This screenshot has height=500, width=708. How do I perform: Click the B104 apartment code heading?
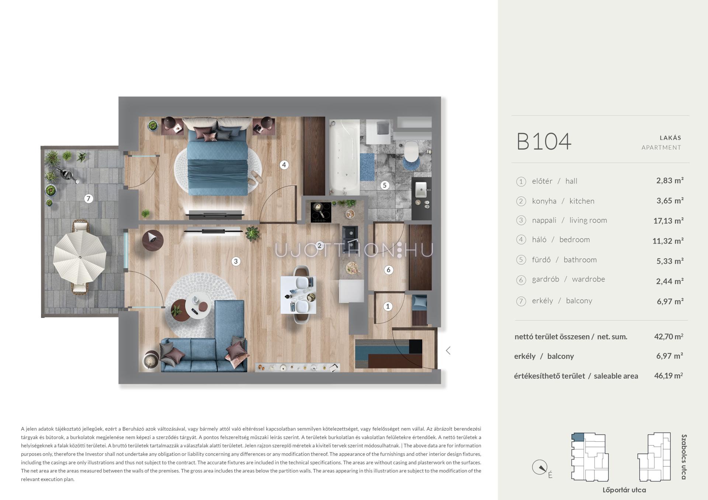pyautogui.click(x=544, y=141)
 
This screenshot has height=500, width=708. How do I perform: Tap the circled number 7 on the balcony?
pyautogui.click(x=88, y=199)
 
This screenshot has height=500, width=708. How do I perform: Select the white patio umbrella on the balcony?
pyautogui.click(x=80, y=256)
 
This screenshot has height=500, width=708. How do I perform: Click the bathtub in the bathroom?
pyautogui.click(x=344, y=157)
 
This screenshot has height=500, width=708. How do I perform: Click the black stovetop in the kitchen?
pyautogui.click(x=321, y=213)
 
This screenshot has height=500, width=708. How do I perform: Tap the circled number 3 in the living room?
pyautogui.click(x=236, y=261)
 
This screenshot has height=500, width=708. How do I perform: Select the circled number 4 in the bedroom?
pyautogui.click(x=284, y=165)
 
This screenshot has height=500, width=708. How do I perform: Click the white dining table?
pyautogui.click(x=298, y=295)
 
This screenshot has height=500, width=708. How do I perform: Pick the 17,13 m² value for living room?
pyautogui.click(x=668, y=221)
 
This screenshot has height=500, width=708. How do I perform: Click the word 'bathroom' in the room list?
pyautogui.click(x=580, y=259)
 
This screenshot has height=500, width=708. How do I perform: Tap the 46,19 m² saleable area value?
pyautogui.click(x=669, y=376)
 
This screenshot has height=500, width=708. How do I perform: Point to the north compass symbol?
pyautogui.click(x=540, y=468)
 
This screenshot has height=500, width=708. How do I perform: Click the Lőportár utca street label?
pyautogui.click(x=624, y=490)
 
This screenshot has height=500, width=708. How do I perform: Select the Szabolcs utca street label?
pyautogui.click(x=684, y=457)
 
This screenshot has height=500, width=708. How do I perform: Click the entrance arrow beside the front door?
pyautogui.click(x=448, y=350)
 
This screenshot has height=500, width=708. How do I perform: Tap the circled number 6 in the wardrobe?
pyautogui.click(x=388, y=270)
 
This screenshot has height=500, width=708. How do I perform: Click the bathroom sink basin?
pyautogui.click(x=421, y=190)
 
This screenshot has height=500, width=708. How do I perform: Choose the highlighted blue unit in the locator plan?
pyautogui.click(x=577, y=437)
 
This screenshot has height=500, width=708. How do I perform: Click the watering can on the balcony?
pyautogui.click(x=69, y=175)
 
